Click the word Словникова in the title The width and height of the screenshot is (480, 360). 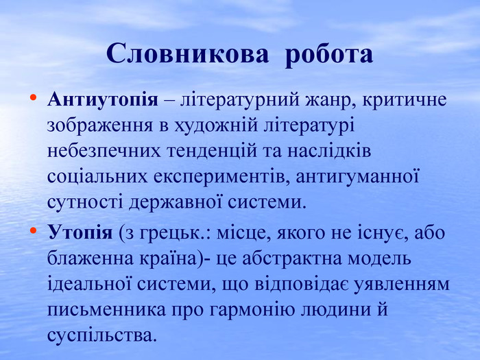pos(188,54)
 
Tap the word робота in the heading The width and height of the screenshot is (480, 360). pos(329,56)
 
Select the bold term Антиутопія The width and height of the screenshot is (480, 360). pos(103,99)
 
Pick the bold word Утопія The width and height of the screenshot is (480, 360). pos(80,233)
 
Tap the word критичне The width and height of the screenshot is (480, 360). pos(405,100)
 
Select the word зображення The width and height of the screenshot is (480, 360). pos(100,126)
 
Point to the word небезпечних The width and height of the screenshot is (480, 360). pos(104,152)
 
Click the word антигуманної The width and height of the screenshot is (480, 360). pos(357,178)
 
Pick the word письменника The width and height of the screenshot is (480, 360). pos(106,310)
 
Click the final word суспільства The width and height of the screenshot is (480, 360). pos(100,335)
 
